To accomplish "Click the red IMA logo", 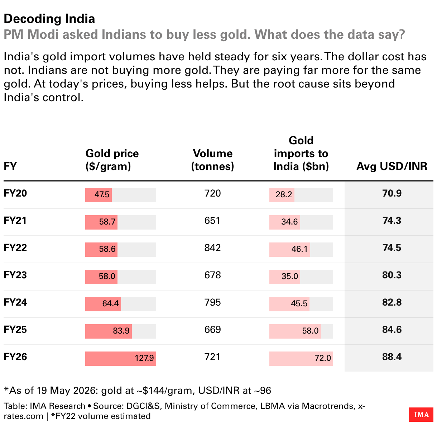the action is click(421, 415).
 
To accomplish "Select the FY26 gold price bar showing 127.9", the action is click(121, 359).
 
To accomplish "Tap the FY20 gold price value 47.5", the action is click(102, 195).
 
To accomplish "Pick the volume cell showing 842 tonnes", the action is click(212, 248).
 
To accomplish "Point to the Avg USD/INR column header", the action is click(392, 166).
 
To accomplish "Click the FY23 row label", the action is click(15, 275).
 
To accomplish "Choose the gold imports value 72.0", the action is click(323, 358).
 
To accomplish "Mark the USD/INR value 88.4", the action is click(392, 357).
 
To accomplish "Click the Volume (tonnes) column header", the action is click(212, 160).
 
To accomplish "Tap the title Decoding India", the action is click(49, 19).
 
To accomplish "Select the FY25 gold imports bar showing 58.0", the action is click(295, 331).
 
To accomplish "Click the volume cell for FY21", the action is click(212, 221).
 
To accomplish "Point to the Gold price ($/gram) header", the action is click(112, 160).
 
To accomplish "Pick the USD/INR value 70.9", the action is click(392, 193).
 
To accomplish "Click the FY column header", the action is click(10, 166).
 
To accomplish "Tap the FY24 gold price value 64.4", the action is click(110, 304).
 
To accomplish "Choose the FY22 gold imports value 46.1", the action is click(299, 249).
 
